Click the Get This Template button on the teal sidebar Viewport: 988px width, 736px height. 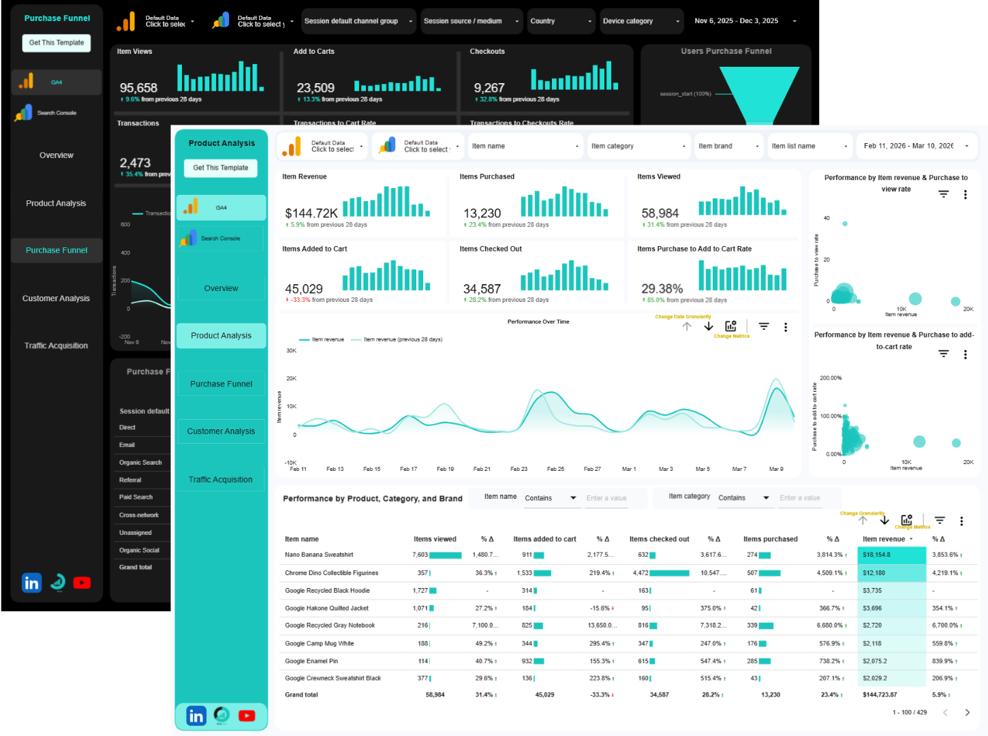point(221,168)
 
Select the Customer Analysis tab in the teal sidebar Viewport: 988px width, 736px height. point(221,431)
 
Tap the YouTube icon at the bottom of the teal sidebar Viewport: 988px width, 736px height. point(247,716)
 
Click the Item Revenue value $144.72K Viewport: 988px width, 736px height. point(311,213)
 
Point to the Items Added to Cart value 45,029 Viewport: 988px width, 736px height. point(304,289)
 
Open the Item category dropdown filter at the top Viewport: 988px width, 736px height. point(638,146)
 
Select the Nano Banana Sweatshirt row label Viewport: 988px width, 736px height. point(319,555)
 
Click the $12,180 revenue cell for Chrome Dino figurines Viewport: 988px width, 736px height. point(874,573)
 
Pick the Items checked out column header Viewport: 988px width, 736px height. point(659,539)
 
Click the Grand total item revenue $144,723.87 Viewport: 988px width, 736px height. point(880,695)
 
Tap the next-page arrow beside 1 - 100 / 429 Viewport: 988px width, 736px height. point(967,712)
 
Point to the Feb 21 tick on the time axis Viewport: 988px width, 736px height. point(482,469)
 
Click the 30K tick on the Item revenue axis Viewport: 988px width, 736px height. point(292,351)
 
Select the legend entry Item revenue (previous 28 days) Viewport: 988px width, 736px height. point(403,339)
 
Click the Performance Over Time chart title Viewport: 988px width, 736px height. point(538,322)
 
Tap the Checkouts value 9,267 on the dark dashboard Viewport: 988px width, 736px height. point(489,88)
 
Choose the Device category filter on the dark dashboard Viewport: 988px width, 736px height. point(641,21)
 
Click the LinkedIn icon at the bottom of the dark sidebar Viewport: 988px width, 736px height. point(31,583)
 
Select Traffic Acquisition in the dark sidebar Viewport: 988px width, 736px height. point(56,346)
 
